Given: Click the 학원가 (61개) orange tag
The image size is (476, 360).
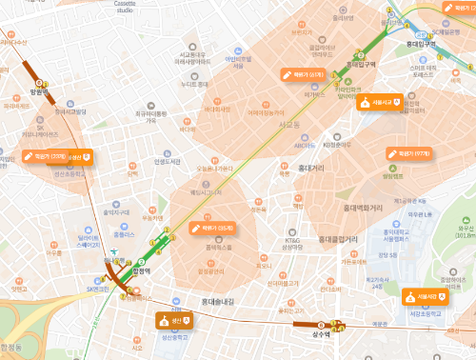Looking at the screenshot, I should coord(305,74).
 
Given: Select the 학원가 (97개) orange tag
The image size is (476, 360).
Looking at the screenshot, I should coord(410,153).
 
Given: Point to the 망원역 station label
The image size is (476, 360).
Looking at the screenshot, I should coord(39,92).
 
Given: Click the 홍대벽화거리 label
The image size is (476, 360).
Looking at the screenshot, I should coord(363,207).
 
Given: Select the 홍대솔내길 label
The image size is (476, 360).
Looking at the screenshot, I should coord(217,302).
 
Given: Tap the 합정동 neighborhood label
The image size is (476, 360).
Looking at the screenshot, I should coord(17,348).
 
